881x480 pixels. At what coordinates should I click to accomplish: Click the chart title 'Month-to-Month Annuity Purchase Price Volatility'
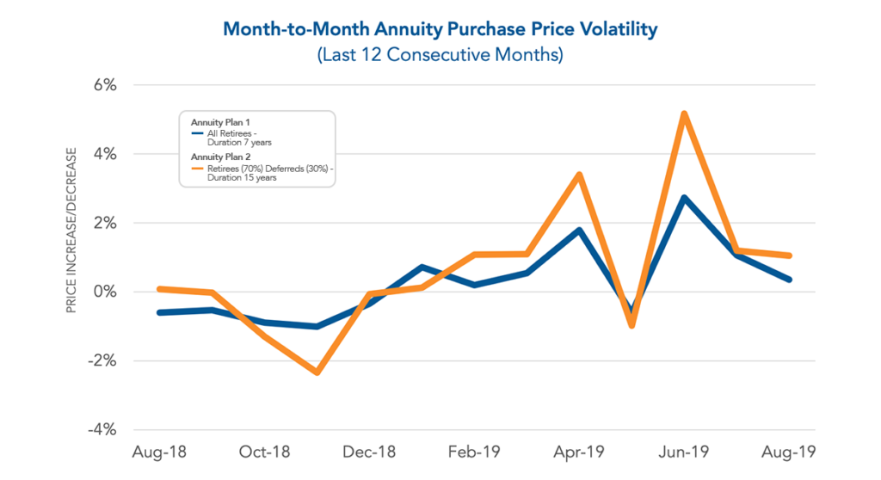click(x=440, y=29)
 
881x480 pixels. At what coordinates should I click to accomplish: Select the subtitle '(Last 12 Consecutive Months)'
click(x=440, y=55)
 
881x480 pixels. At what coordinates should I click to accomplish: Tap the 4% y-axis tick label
click(x=101, y=154)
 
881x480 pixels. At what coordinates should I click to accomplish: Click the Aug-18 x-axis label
click(x=159, y=452)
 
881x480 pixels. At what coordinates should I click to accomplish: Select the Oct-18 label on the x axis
click(x=264, y=452)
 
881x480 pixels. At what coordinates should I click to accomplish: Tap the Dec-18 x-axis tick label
click(x=368, y=452)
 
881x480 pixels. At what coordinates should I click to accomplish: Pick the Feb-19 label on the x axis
click(x=473, y=452)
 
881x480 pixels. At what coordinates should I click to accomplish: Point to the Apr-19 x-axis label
click(x=579, y=452)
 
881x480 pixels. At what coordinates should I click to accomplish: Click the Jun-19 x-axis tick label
click(x=684, y=452)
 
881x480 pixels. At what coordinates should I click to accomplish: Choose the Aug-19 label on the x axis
click(x=788, y=452)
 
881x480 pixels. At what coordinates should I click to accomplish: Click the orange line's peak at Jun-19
click(x=684, y=114)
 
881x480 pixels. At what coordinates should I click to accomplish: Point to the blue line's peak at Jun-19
click(x=684, y=198)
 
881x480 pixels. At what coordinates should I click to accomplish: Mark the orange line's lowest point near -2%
click(x=317, y=372)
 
